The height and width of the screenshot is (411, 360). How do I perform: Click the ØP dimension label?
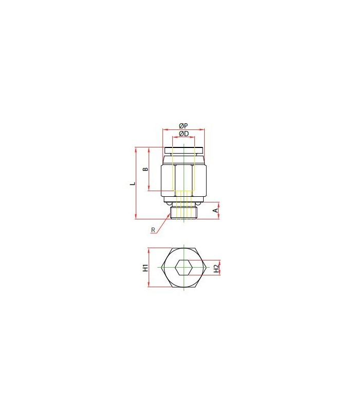tap(184, 126)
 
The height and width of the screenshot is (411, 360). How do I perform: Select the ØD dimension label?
tap(184, 134)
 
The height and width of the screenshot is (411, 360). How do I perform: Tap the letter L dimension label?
tap(133, 183)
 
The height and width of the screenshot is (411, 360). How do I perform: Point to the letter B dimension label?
tap(146, 169)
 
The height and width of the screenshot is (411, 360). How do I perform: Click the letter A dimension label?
tap(215, 211)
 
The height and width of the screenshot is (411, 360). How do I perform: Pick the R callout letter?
tap(153, 230)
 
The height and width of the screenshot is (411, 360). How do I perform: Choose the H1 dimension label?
tap(146, 268)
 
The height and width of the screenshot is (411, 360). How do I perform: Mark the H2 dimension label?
tap(216, 268)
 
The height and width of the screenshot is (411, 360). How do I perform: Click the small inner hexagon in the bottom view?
tap(184, 267)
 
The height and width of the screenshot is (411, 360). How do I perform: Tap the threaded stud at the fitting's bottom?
tap(184, 213)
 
